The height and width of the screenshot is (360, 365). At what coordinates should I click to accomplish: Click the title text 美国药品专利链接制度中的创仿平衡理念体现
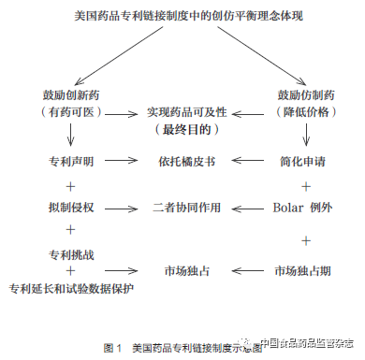coord(182,17)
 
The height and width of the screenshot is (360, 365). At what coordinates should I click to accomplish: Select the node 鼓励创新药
coord(70,94)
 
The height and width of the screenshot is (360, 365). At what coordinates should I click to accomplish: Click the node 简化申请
coord(299,162)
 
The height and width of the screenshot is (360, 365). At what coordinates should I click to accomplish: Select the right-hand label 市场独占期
coord(299,270)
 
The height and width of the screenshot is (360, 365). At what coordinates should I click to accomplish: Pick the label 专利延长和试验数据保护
coord(70,286)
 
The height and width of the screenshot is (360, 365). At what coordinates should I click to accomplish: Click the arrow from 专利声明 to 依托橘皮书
coord(123,162)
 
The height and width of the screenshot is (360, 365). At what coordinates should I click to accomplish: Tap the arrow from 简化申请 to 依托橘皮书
coord(246,162)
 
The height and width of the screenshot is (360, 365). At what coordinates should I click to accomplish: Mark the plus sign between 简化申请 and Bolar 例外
coord(299,183)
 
